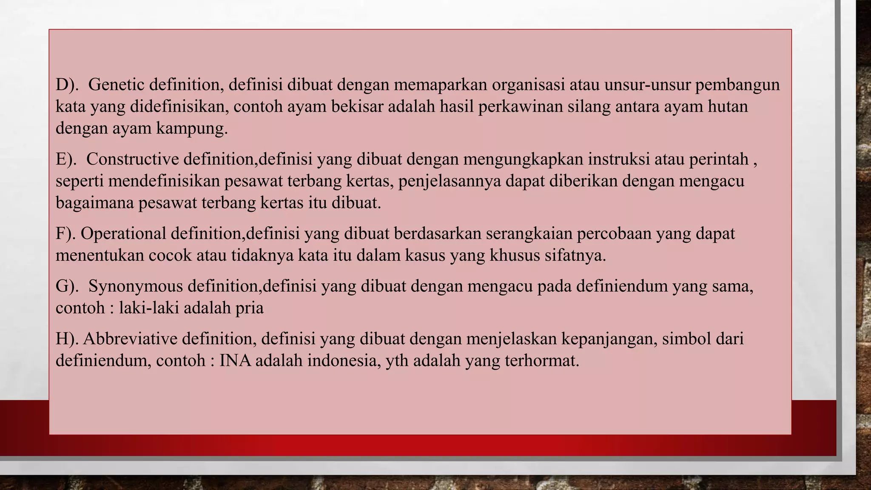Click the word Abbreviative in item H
tap(130, 339)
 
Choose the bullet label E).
tap(66, 159)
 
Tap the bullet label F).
tap(65, 234)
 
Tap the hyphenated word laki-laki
tap(149, 308)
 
